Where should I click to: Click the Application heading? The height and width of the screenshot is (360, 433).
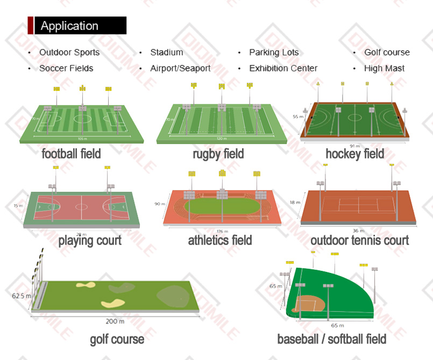click(x=69, y=26)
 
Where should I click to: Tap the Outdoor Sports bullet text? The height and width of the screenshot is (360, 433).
click(x=69, y=53)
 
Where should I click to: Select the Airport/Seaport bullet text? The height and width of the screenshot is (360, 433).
click(x=180, y=68)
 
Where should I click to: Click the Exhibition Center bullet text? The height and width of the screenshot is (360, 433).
click(x=283, y=68)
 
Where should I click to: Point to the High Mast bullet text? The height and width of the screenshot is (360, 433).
click(x=384, y=68)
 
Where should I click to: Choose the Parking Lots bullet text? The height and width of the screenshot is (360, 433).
click(x=274, y=53)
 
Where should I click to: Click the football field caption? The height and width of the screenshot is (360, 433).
click(x=71, y=154)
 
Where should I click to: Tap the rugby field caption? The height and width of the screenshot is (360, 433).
click(x=218, y=154)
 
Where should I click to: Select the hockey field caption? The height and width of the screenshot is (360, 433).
click(x=354, y=154)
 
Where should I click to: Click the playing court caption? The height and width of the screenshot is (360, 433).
click(x=90, y=240)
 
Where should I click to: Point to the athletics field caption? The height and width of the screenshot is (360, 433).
click(x=219, y=240)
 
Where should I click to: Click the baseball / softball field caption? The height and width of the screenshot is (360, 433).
click(x=331, y=339)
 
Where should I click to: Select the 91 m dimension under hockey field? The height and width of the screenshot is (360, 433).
click(x=354, y=146)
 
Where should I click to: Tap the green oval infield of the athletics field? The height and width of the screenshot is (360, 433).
click(x=222, y=205)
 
